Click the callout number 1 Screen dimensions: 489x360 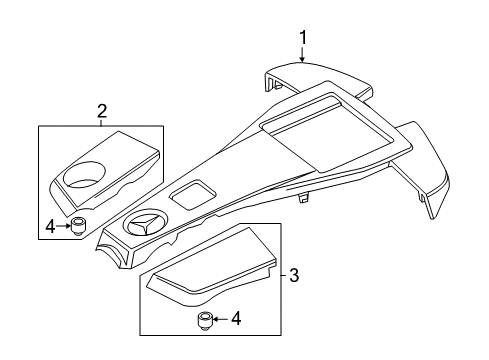pos(303,38)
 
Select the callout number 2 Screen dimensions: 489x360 pos(102,111)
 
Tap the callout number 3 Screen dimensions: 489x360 pos(294,275)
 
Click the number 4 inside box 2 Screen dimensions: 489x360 pos(50,227)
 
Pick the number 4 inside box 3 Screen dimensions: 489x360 pos(236,319)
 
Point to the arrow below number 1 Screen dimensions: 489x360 pos(302,55)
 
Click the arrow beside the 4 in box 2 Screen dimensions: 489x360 pos(63,226)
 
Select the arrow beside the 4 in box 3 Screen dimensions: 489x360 pos(220,319)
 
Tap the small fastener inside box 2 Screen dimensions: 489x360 pos(77,227)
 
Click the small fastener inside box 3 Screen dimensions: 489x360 pos(204,321)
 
